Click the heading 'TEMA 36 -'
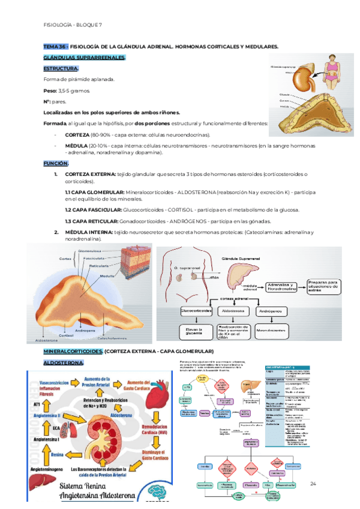coord(55,46)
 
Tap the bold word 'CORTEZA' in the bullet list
coord(77,135)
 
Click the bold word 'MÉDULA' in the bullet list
coord(76,146)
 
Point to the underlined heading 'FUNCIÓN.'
coord(56,163)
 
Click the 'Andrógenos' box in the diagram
coord(271,312)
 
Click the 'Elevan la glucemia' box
coord(194,333)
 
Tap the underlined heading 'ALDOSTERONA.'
coord(64,363)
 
